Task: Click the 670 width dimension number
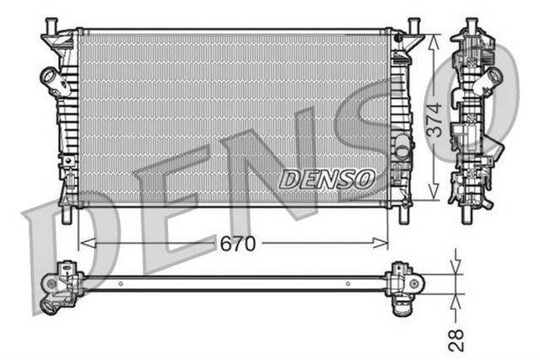(x=238, y=244)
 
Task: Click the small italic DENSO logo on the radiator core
(x=327, y=179)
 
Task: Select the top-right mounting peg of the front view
(x=413, y=25)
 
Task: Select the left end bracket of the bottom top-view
(x=61, y=286)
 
